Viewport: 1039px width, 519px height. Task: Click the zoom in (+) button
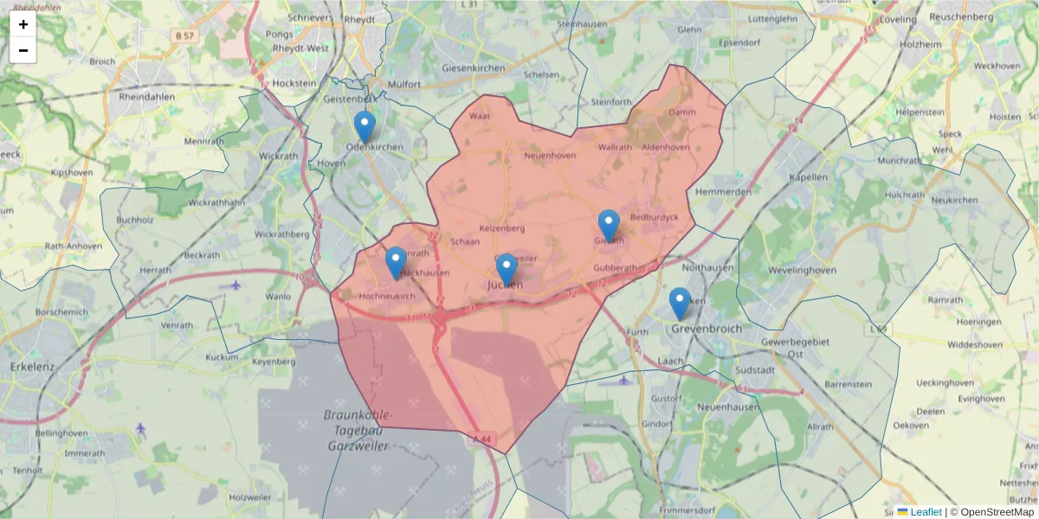pos(23,24)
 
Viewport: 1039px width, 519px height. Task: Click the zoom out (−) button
pos(23,50)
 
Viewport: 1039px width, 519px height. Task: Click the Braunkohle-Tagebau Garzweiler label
pos(358,431)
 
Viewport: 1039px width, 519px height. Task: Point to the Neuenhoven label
pos(549,156)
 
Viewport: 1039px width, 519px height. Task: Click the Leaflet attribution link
pos(926,512)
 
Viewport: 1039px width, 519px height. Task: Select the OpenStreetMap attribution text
pos(997,512)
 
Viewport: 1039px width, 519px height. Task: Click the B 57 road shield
pos(184,35)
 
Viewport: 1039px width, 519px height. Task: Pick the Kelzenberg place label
pos(502,228)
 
